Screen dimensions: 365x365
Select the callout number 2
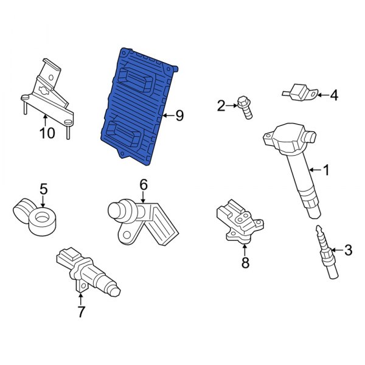pos(221,106)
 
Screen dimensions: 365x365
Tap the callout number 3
pos(348,249)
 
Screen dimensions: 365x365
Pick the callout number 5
pos(43,189)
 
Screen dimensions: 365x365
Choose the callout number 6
pos(144,184)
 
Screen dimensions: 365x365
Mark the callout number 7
pos(81,312)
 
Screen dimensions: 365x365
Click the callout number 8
pos(245,263)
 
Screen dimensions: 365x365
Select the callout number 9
pos(179,116)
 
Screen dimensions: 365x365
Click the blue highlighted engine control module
pos(137,103)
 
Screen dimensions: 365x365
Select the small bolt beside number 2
pos(245,108)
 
